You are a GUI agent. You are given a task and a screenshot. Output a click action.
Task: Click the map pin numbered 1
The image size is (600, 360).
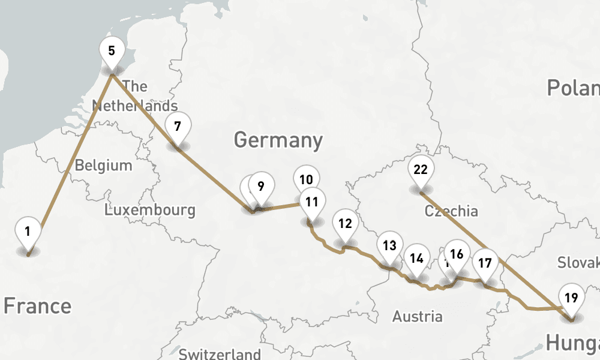pos(28,231)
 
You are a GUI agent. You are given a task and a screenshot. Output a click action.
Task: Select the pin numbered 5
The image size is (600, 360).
pos(112,50)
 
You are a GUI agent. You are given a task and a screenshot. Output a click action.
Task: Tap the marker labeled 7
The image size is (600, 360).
pos(178,127)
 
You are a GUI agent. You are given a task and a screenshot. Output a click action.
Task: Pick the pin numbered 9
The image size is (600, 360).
pos(260,186)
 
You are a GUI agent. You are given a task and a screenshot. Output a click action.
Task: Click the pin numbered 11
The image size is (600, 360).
pos(311,202)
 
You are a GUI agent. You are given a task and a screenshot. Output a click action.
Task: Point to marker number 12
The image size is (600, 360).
pos(344,224)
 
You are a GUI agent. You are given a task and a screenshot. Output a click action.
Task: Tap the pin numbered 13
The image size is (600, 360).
pos(389,245)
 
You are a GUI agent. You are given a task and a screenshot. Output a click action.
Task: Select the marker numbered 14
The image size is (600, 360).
pos(416,259)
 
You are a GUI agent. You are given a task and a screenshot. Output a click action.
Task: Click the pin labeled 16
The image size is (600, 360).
pos(457,254)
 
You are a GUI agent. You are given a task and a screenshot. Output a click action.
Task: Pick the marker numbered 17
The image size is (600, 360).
pos(485,263)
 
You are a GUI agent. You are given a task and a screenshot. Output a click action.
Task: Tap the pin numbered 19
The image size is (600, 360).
pos(571,297)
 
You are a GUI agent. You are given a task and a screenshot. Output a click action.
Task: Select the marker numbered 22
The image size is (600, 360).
pos(421,169)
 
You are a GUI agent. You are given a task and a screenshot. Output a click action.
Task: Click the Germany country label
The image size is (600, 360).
pos(278,140)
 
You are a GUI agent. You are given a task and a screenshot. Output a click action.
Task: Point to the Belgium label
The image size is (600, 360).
pos(103,165)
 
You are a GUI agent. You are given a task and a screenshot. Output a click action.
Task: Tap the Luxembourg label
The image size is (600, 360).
pos(149,210)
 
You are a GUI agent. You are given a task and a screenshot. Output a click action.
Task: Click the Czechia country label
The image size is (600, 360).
pos(451,211)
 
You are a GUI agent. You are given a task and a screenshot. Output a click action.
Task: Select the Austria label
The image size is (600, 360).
pos(418,316)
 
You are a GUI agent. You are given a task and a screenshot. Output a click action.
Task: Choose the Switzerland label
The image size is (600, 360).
pos(220,353)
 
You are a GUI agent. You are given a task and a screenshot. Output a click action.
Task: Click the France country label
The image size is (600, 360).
pos(37,306)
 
